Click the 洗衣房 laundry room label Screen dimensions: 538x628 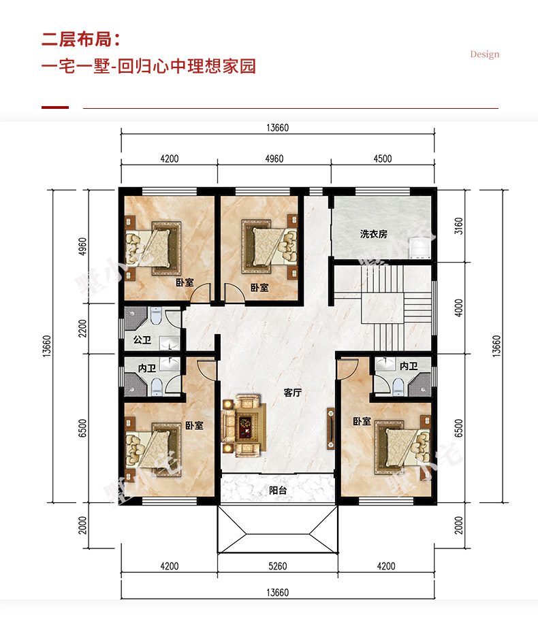373,234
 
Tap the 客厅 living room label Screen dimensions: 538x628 293,393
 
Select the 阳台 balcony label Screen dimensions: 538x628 278,490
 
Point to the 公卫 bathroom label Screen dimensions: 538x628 142,340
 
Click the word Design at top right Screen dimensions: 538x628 485,54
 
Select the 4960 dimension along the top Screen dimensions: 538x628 274,159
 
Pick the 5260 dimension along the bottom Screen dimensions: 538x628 277,566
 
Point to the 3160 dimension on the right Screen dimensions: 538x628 458,226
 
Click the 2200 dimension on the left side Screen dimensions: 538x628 82,329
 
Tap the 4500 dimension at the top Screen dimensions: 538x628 383,159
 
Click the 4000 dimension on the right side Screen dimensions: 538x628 458,308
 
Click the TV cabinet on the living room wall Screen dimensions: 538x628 330,429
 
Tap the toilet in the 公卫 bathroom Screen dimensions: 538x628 155,316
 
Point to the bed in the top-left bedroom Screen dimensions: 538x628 153,249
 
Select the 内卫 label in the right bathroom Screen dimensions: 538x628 409,366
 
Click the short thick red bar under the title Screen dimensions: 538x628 55,108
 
